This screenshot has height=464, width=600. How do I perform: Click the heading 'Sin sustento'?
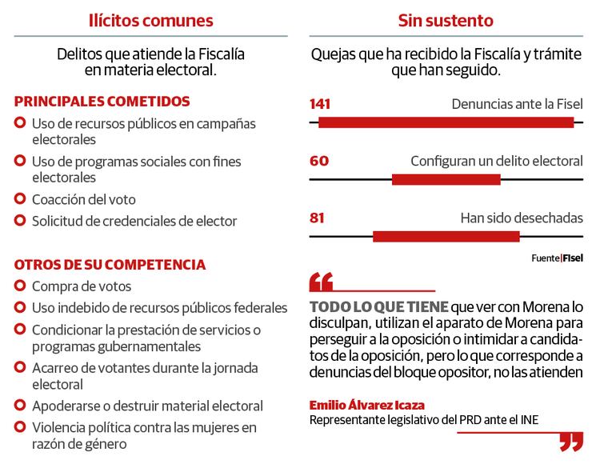tap(446, 19)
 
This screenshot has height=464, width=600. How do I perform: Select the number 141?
tap(319, 104)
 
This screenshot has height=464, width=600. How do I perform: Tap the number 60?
tap(318, 161)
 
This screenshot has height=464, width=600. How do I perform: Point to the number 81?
tap(318, 217)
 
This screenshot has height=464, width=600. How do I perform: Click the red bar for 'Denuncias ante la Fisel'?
tap(446, 122)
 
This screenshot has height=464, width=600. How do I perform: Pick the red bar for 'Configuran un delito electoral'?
tap(446, 179)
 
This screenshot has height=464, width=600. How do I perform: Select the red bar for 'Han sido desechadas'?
tap(446, 236)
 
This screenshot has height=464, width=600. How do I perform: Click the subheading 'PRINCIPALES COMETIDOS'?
tap(102, 102)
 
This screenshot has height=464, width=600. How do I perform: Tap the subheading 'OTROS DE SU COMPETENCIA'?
tap(110, 265)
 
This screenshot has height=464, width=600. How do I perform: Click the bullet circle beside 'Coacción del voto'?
tap(20, 199)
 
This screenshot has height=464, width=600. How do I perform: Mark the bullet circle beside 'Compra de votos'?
tap(20, 286)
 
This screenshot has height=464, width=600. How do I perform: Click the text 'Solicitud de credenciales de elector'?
tap(134, 221)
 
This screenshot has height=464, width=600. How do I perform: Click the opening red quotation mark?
tap(321, 282)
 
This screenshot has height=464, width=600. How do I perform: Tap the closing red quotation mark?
tap(570, 442)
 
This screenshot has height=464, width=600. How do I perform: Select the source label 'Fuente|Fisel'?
tap(557, 258)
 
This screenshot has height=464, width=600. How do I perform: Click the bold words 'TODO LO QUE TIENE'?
tap(378, 307)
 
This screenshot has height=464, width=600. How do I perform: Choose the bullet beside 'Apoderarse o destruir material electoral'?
tap(20, 406)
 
